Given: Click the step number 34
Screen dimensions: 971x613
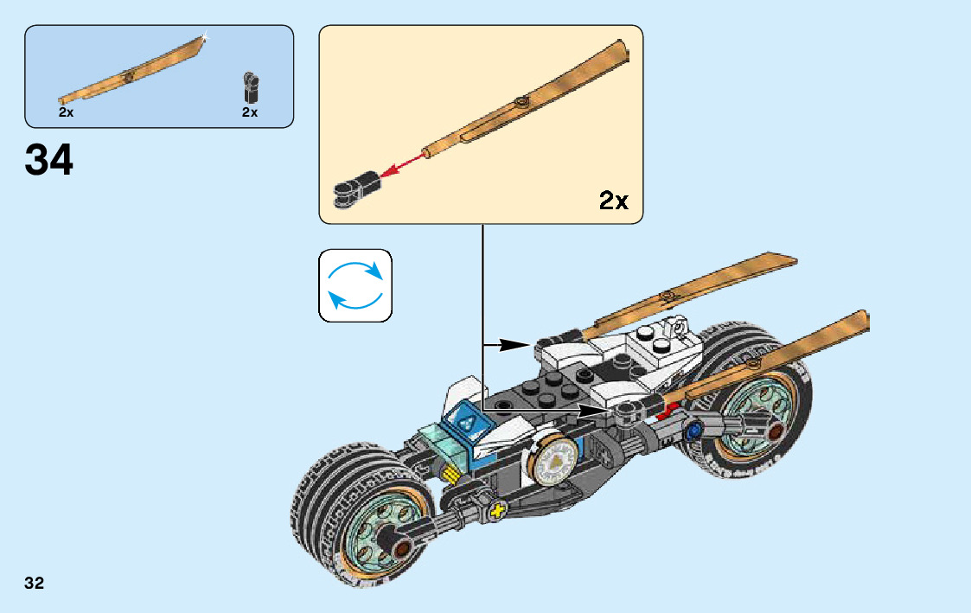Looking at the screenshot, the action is (x=49, y=161).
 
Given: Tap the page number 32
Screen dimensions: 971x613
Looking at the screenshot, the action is (x=35, y=583).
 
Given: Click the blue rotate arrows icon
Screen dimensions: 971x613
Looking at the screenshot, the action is (x=355, y=286).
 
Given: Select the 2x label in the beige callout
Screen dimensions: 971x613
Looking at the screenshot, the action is (x=613, y=201).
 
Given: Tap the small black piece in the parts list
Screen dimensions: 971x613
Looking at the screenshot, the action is (x=251, y=87).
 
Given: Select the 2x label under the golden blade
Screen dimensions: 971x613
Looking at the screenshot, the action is (x=67, y=112).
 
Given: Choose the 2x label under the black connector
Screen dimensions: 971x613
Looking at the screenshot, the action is (x=250, y=112).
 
